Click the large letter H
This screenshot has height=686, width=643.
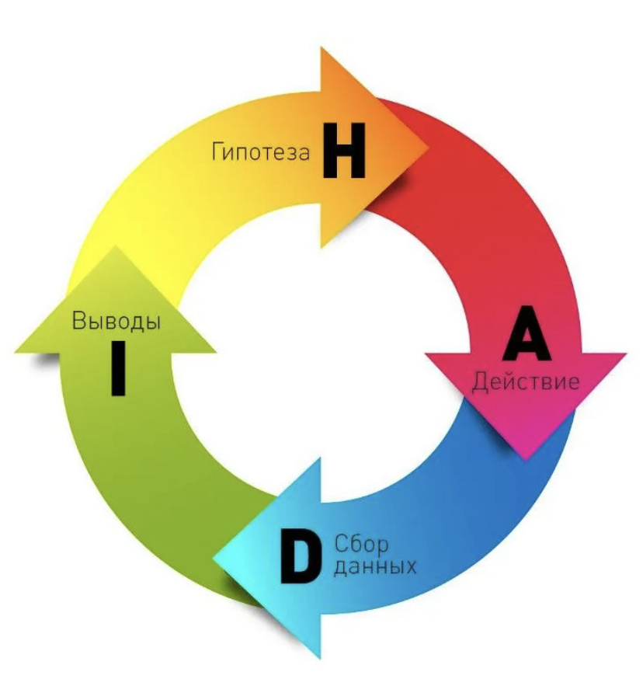344,151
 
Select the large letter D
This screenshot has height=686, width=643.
300,556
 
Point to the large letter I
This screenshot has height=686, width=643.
118,368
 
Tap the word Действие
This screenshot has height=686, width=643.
525,381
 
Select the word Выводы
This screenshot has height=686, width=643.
116,320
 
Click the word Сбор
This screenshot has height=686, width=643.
361,545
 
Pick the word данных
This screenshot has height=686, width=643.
375,567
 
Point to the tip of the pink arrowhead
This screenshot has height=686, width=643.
525,459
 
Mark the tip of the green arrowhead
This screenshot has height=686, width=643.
116,245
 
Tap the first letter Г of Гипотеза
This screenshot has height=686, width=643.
218,152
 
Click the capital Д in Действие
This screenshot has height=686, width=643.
479,382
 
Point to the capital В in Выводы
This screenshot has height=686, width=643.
78,320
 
